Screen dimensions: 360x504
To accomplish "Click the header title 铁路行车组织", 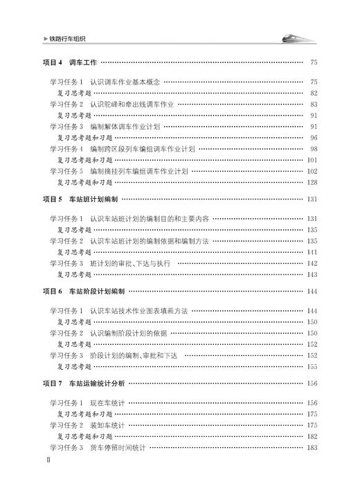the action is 72,39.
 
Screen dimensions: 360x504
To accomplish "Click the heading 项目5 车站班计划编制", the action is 81,199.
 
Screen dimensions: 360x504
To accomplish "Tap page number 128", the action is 312,182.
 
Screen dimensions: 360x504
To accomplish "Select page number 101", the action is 312,160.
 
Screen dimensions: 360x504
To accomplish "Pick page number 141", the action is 312,252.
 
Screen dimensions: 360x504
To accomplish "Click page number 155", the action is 312,366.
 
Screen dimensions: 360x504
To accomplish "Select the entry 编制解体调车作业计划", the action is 125,127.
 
